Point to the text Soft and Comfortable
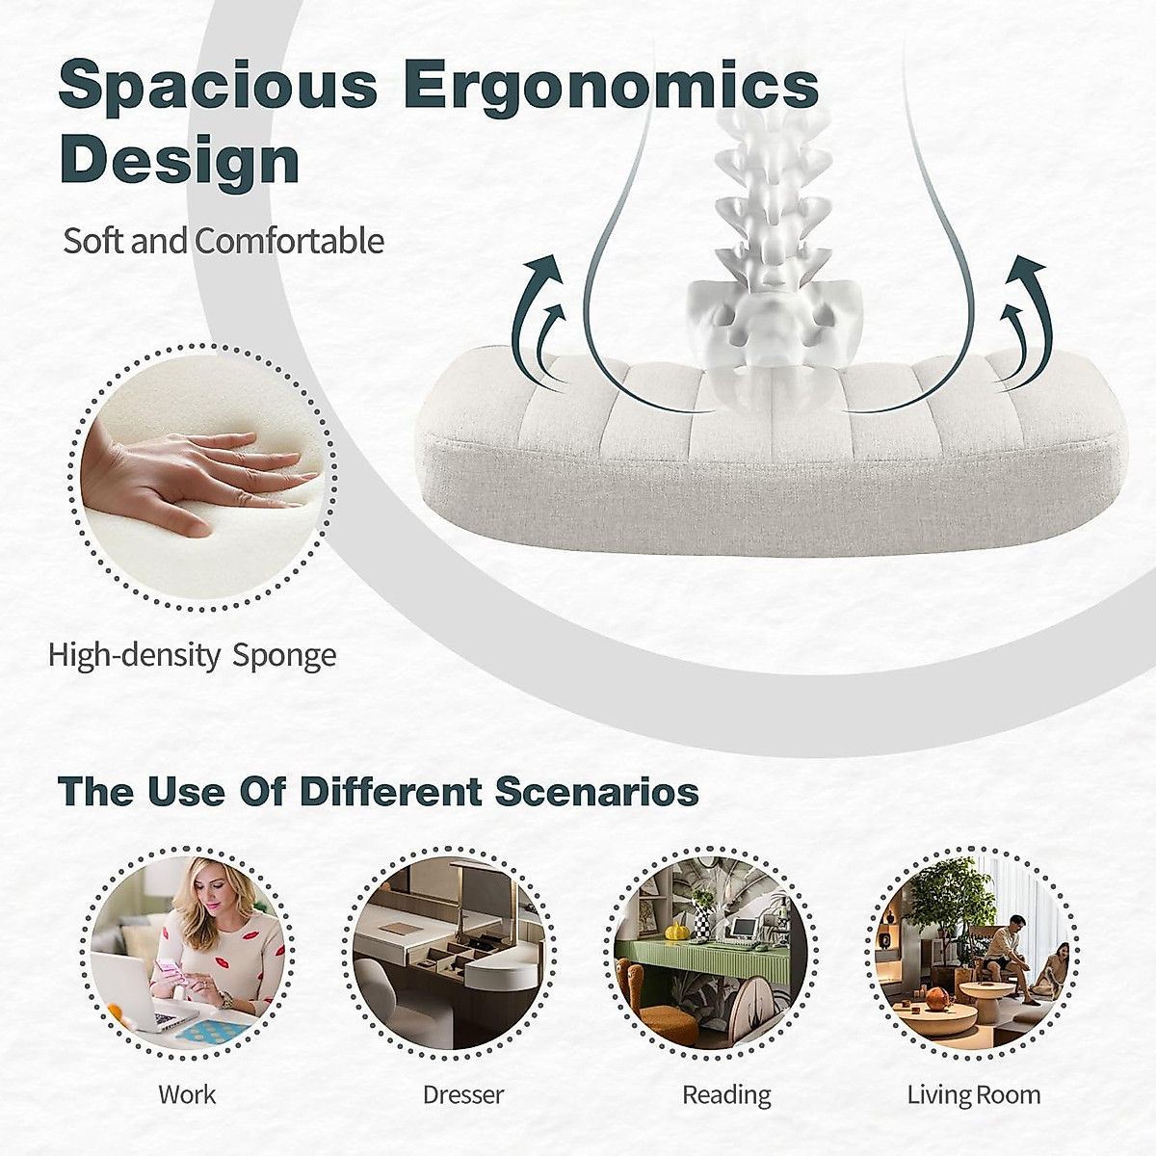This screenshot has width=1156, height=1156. coord(223,241)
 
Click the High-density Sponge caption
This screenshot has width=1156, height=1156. coord(192,655)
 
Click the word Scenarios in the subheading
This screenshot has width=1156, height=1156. coord(597,792)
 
